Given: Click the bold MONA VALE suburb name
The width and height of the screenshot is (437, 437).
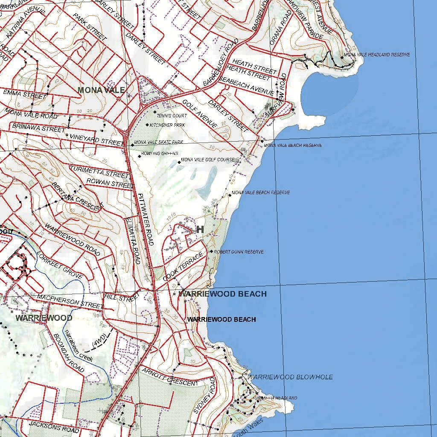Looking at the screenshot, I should (x=101, y=90).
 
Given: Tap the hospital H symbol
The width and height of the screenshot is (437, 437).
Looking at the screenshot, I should (x=200, y=230).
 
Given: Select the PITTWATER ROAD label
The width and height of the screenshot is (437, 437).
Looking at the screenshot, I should (x=146, y=220).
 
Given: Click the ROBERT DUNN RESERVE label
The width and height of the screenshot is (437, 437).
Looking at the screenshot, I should (x=239, y=252).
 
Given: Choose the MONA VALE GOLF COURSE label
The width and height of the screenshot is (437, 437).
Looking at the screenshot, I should (x=208, y=160).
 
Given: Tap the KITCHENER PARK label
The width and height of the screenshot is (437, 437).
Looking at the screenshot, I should (x=167, y=125).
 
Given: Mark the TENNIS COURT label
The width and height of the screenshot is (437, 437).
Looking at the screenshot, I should (x=172, y=116).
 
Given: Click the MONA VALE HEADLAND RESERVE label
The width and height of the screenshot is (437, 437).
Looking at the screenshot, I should (x=376, y=55).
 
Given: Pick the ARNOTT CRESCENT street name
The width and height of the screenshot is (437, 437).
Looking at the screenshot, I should (x=170, y=376).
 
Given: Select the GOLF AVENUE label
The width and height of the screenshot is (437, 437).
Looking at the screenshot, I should (x=199, y=113).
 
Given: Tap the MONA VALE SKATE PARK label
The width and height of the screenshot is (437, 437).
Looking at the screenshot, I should (x=158, y=142).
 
